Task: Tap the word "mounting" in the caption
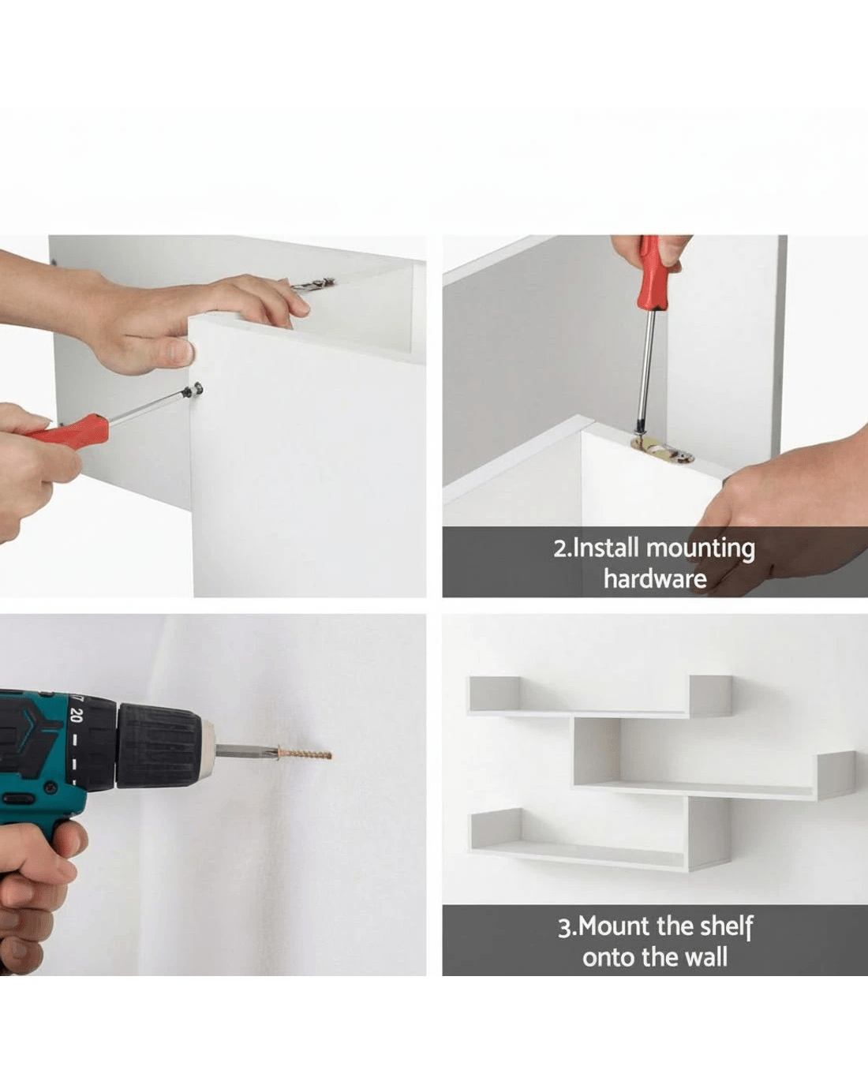701,550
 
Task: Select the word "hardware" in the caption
655,578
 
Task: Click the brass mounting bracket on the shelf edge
662,450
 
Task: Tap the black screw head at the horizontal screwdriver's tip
194,390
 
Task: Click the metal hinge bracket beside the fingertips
313,285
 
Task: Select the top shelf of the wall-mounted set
600,698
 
